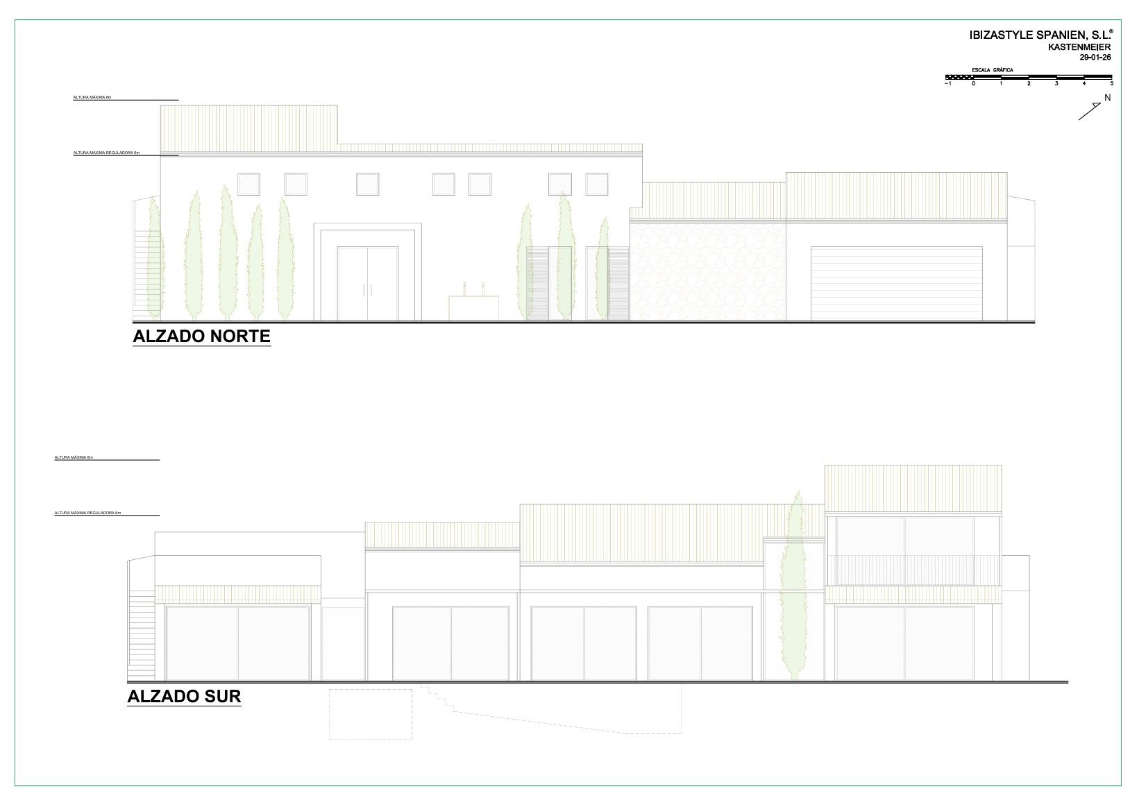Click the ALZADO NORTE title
point(201,337)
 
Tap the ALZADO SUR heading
point(184,697)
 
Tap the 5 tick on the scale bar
point(1111,83)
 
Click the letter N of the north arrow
point(1107,98)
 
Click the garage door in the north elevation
point(896,283)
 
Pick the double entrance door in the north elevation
point(368,283)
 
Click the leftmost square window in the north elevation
point(248,184)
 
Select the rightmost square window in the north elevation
point(597,184)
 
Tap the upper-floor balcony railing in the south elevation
point(912,569)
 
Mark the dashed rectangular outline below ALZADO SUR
point(371,713)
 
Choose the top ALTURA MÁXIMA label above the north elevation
point(92,98)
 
